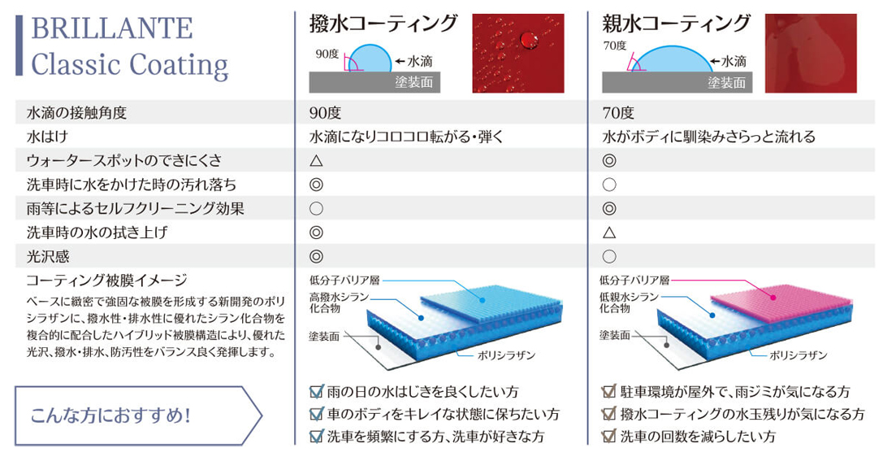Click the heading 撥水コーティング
383,24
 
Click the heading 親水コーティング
677,24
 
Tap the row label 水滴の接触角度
76,113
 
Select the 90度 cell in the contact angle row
325,113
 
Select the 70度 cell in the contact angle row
617,113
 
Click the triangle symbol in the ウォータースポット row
316,160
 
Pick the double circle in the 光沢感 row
316,256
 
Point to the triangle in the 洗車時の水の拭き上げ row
608,233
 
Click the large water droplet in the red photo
528,40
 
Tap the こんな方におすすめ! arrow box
138,416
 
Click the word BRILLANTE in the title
111,28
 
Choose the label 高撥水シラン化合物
339,302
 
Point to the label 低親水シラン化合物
629,302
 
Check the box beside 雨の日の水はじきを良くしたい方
317,391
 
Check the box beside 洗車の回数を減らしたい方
608,436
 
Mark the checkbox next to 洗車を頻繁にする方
317,436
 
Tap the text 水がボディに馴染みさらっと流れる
708,137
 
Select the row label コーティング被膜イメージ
107,280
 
